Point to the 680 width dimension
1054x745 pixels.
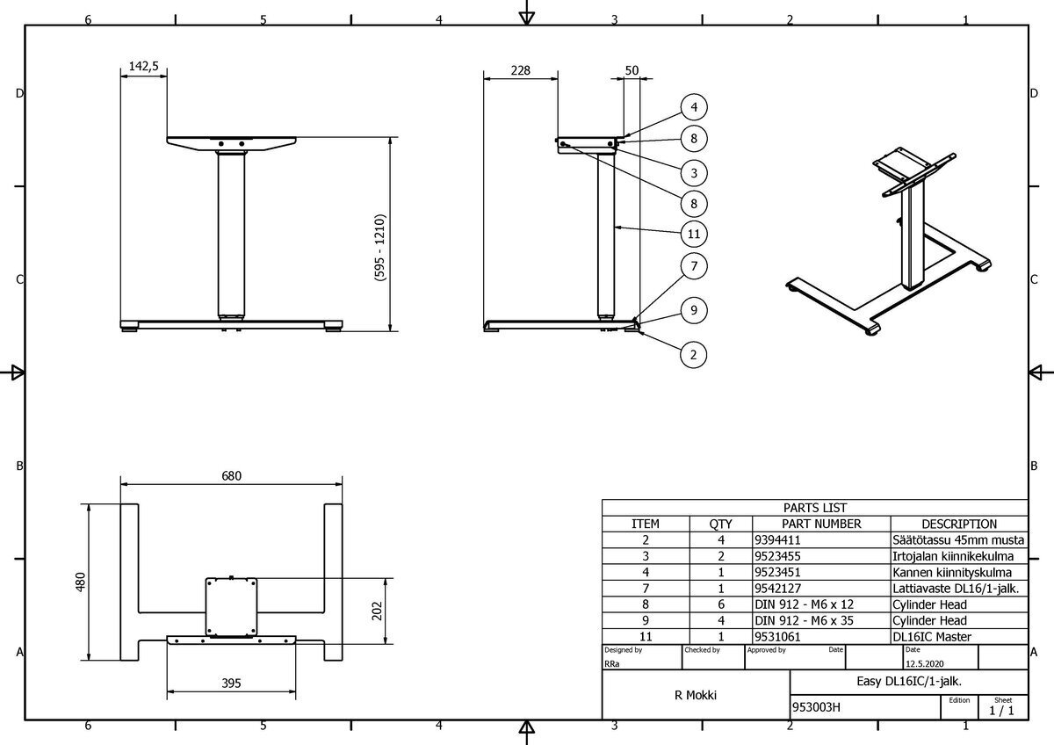pyautogui.click(x=231, y=475)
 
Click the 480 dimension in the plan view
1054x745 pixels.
pyautogui.click(x=80, y=582)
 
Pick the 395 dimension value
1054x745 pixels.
pyautogui.click(x=231, y=683)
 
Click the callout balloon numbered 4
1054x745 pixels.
pyautogui.click(x=694, y=107)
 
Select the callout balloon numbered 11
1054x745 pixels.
pyautogui.click(x=694, y=234)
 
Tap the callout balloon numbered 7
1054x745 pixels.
pyautogui.click(x=694, y=265)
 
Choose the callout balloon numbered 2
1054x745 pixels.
pyautogui.click(x=694, y=355)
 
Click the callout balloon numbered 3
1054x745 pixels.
pyautogui.click(x=694, y=171)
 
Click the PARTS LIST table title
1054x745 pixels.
pyautogui.click(x=814, y=507)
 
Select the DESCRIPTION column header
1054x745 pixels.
pyautogui.click(x=958, y=524)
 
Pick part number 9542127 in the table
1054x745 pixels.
pyautogui.click(x=777, y=589)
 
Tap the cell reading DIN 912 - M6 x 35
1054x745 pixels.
pyautogui.click(x=804, y=620)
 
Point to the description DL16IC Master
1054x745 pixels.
pyautogui.click(x=931, y=636)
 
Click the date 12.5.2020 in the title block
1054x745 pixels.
pyautogui.click(x=926, y=664)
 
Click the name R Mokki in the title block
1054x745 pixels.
pyautogui.click(x=696, y=695)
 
